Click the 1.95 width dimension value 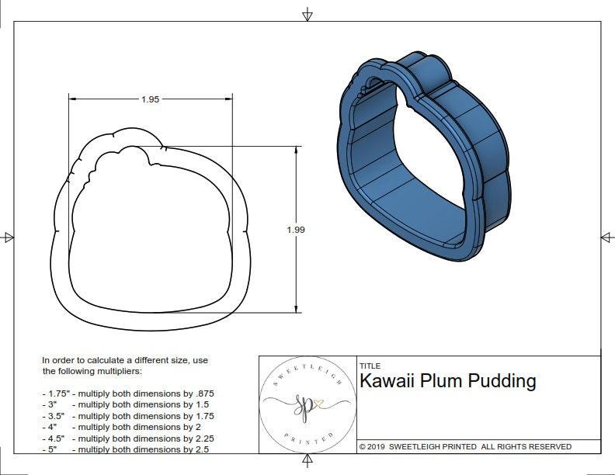pos(150,99)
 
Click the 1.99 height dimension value pos(295,230)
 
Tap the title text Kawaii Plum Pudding pos(447,381)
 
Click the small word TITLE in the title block pos(369,366)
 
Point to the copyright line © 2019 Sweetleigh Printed pos(465,447)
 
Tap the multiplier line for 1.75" pos(128,394)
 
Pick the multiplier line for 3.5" pos(128,416)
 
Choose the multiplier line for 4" pos(123,427)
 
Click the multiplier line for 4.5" pos(128,438)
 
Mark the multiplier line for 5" pos(125,449)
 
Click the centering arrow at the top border pos(307,14)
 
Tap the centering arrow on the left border pos(9,237)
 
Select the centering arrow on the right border pos(606,237)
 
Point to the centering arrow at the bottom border pos(307,463)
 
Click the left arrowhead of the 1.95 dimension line pos(72,99)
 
